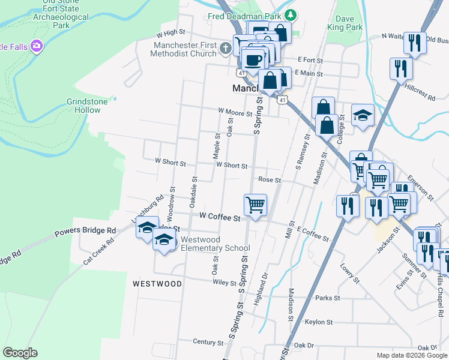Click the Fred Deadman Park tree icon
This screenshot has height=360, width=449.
291,14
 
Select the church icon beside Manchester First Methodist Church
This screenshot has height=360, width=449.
225,48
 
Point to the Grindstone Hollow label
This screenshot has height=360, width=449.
87,106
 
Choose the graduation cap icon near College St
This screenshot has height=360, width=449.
363,116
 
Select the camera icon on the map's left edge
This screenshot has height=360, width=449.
37,46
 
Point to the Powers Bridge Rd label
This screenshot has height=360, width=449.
85,231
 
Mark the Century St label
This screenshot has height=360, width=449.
208,341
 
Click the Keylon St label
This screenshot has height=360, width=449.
319,322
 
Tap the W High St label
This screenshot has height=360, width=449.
170,33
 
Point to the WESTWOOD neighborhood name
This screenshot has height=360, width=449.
157,283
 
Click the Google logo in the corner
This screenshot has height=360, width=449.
20,353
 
